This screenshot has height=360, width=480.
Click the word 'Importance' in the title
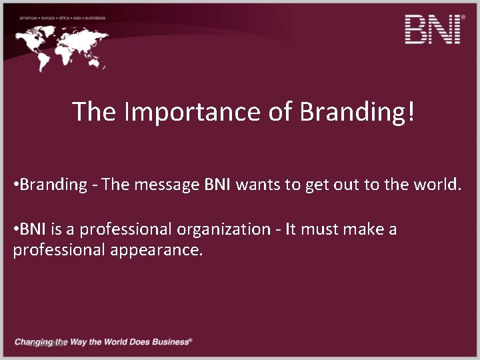(x=194, y=112)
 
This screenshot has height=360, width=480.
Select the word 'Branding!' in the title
(x=357, y=112)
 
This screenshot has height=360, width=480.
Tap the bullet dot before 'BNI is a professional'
(x=15, y=230)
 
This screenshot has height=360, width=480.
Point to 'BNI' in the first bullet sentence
(x=217, y=185)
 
